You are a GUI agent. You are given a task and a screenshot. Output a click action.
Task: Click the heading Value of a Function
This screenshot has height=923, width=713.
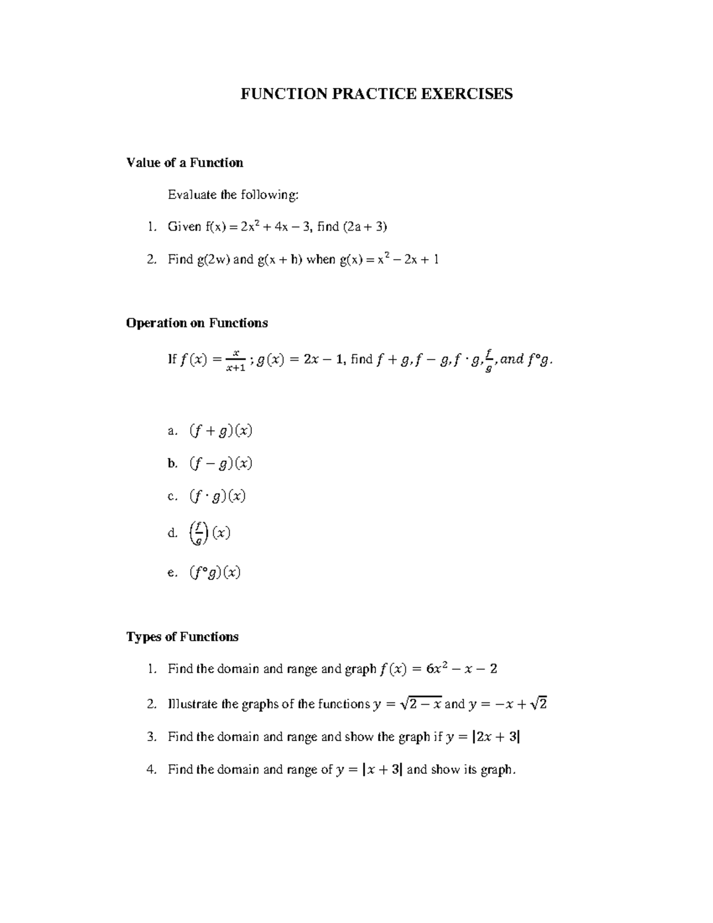click(185, 163)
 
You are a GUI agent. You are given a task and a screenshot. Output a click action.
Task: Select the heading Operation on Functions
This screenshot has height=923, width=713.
click(197, 323)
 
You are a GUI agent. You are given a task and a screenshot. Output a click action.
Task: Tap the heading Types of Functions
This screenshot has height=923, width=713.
click(182, 637)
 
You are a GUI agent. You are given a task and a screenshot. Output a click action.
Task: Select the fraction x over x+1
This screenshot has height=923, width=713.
click(235, 360)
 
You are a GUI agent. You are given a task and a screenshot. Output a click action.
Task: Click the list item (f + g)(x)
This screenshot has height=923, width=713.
click(221, 430)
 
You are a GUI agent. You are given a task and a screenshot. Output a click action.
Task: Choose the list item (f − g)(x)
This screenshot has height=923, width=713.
click(221, 463)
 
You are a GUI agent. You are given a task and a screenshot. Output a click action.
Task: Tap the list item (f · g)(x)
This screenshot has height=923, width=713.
click(217, 496)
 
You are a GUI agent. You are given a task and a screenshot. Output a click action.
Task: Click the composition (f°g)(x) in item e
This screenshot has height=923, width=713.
click(215, 572)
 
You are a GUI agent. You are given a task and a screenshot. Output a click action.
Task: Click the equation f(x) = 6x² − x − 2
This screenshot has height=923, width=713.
click(438, 669)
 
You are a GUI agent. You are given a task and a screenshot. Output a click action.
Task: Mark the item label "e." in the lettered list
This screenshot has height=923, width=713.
click(172, 573)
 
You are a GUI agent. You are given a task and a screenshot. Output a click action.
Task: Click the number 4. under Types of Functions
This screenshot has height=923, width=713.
click(152, 770)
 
